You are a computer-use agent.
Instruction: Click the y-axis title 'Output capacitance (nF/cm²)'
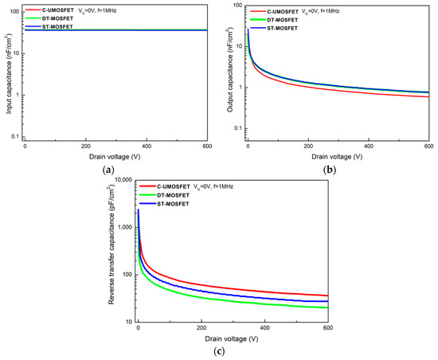[x=230, y=73]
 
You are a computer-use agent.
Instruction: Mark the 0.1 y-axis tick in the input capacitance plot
[x=15, y=138]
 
